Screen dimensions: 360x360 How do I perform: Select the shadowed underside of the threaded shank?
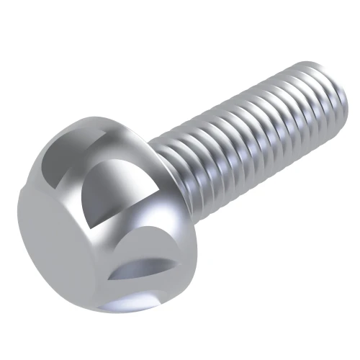[x=252, y=166]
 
